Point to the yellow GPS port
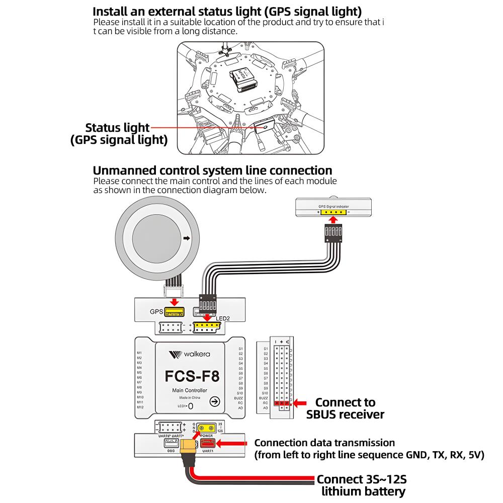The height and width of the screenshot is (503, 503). tap(174, 312)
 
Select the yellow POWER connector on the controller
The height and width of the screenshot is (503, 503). tap(207, 428)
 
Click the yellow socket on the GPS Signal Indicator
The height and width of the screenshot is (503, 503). tap(334, 212)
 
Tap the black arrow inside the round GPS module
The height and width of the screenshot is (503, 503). tap(187, 239)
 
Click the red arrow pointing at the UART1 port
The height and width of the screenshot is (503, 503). tap(234, 443)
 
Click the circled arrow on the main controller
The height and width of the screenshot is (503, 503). tap(214, 401)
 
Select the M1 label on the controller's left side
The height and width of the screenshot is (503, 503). tap(139, 353)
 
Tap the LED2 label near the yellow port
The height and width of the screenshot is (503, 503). tap(223, 319)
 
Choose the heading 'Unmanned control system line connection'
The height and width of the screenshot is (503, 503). tap(212, 171)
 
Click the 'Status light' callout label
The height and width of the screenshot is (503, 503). tap(117, 128)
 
